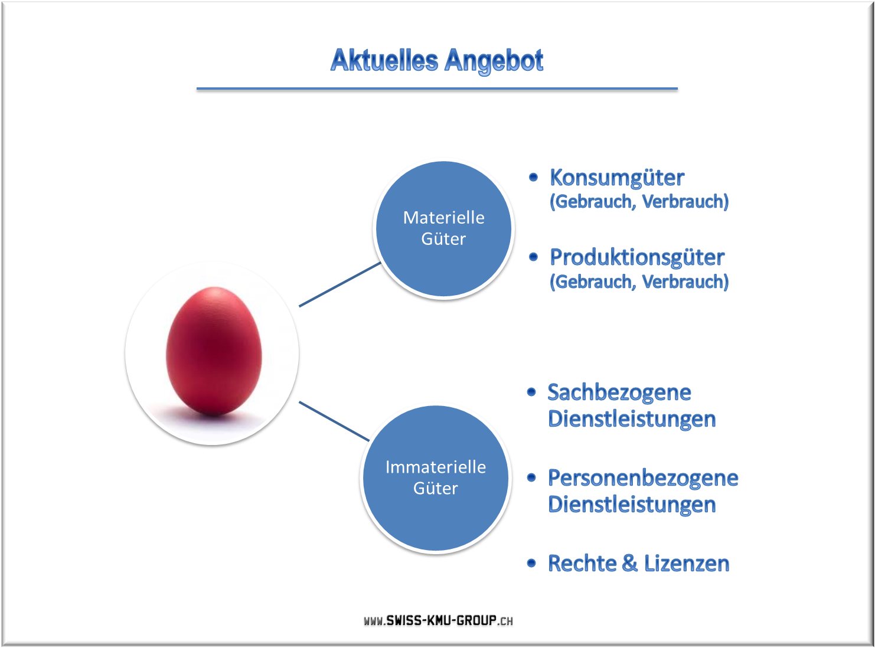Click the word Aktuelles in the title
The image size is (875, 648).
(384, 60)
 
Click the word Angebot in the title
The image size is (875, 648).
(494, 61)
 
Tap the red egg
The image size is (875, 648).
(214, 351)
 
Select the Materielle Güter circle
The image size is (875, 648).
(443, 229)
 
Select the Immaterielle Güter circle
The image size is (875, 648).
(436, 478)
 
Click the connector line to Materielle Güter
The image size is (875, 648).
(340, 284)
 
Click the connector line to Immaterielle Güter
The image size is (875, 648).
(334, 421)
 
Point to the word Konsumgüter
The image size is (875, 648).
(617, 178)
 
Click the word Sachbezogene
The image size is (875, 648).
(619, 393)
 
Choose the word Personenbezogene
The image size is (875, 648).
(643, 479)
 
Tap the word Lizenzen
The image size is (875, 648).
(687, 563)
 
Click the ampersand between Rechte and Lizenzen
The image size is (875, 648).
(629, 563)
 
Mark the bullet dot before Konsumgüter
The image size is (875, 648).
(533, 178)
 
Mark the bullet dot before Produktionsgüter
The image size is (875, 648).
(533, 257)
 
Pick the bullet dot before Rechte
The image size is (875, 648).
(531, 563)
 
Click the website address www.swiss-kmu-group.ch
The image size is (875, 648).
(438, 621)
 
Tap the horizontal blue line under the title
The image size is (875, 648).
(437, 89)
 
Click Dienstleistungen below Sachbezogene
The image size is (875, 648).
(632, 419)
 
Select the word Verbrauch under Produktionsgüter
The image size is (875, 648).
(685, 282)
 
